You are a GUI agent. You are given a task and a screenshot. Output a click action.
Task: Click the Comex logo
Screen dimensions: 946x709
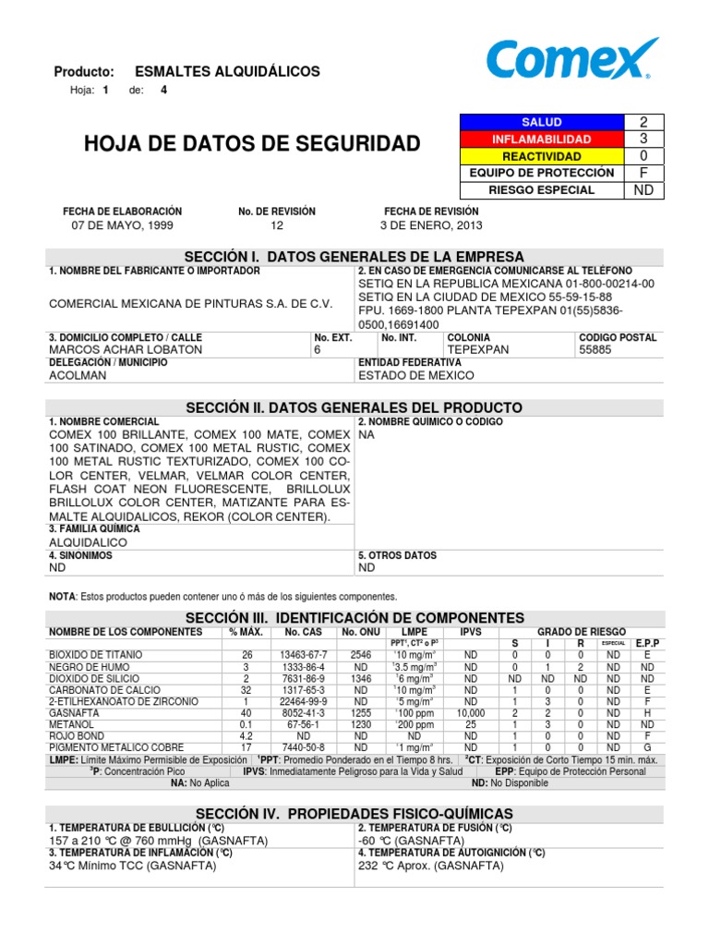click(572, 60)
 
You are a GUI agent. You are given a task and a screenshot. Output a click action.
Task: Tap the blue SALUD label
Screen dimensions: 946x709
click(541, 122)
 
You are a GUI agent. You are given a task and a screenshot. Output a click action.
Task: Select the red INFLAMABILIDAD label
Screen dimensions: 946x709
click(541, 139)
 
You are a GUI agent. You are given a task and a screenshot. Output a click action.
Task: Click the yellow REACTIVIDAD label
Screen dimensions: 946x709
click(541, 156)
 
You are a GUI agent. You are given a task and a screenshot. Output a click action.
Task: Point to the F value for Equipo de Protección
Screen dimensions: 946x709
click(643, 173)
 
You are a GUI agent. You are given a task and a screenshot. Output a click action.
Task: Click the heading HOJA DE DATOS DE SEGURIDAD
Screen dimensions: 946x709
click(252, 143)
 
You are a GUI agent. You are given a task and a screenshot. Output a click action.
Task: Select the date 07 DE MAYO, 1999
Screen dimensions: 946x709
click(122, 225)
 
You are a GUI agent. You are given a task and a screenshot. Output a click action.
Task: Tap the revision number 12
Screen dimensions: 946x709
click(277, 225)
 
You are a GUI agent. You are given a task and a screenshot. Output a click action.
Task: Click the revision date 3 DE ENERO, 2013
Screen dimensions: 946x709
click(431, 225)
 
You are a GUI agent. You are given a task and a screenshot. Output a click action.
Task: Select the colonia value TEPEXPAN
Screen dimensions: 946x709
click(478, 350)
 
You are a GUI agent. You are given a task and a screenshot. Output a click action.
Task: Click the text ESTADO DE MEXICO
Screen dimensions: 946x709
click(416, 375)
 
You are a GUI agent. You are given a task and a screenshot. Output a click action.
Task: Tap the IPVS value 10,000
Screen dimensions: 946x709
click(471, 713)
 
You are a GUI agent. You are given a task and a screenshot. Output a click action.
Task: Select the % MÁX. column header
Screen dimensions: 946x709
click(246, 632)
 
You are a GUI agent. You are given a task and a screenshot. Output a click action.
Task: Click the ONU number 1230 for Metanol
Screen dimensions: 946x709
click(361, 724)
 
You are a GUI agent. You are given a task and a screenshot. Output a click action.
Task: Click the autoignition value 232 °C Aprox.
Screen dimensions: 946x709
click(430, 867)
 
